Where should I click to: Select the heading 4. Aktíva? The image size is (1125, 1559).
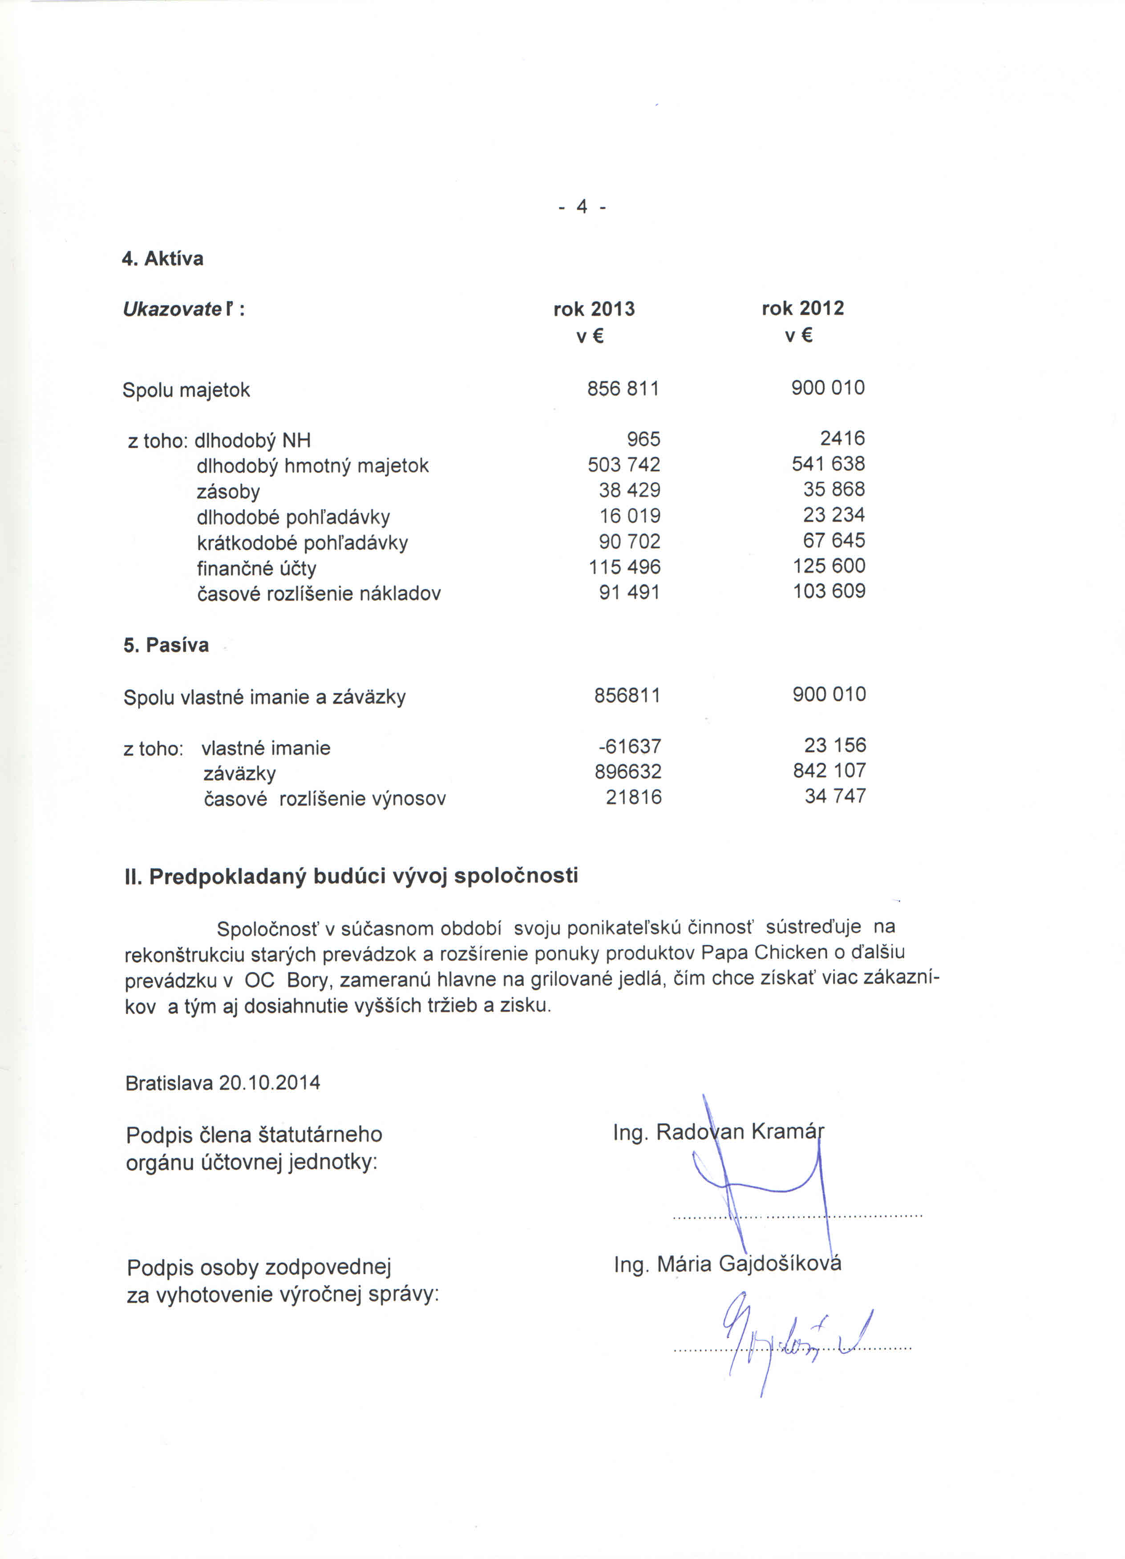[163, 258]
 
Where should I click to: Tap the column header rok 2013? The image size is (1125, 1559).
[594, 309]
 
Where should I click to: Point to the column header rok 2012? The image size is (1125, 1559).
[802, 308]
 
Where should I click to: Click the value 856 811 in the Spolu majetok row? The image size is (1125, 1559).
[623, 388]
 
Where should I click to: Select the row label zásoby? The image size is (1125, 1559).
[228, 492]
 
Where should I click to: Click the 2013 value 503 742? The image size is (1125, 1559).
[624, 464]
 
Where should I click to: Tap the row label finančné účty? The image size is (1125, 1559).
[256, 569]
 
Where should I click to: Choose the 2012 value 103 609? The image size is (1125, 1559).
[830, 590]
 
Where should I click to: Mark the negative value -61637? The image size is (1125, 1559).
[630, 746]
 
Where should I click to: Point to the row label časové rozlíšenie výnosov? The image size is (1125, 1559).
[324, 799]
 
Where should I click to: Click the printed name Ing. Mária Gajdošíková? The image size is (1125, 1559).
[728, 1264]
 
